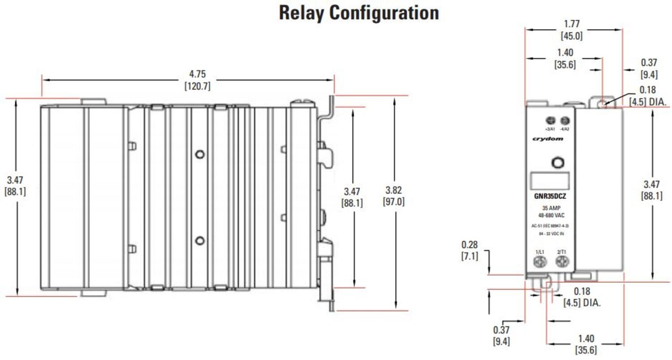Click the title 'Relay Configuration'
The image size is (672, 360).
[x=358, y=13]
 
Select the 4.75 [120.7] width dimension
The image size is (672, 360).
[x=197, y=80]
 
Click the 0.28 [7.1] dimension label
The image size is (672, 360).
[x=470, y=250]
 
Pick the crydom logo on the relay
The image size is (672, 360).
[x=547, y=139]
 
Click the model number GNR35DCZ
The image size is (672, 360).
[x=550, y=196]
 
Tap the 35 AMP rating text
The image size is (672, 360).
[x=551, y=208]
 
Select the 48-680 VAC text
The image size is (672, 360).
[x=551, y=215]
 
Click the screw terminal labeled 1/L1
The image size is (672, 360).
[x=540, y=262]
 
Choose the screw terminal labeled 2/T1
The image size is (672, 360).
[x=562, y=262]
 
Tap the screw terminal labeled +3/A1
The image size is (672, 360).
[x=551, y=120]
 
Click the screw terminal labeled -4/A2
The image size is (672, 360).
[x=565, y=120]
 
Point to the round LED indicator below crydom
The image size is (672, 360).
[x=557, y=162]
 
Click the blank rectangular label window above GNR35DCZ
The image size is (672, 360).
[x=550, y=180]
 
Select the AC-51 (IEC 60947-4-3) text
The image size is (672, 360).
[x=550, y=226]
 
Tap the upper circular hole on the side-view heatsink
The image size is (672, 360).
[x=200, y=154]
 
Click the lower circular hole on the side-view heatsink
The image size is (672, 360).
[x=200, y=241]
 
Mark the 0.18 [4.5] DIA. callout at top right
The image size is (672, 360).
[x=647, y=95]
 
